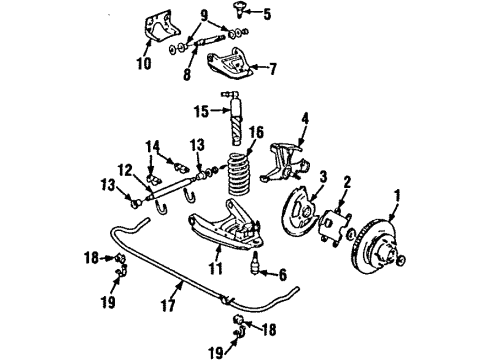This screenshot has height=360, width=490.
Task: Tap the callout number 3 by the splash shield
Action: pyautogui.click(x=323, y=177)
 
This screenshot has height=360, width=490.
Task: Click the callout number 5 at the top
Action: pyautogui.click(x=265, y=14)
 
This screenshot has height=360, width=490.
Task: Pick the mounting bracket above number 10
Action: pyautogui.click(x=158, y=29)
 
